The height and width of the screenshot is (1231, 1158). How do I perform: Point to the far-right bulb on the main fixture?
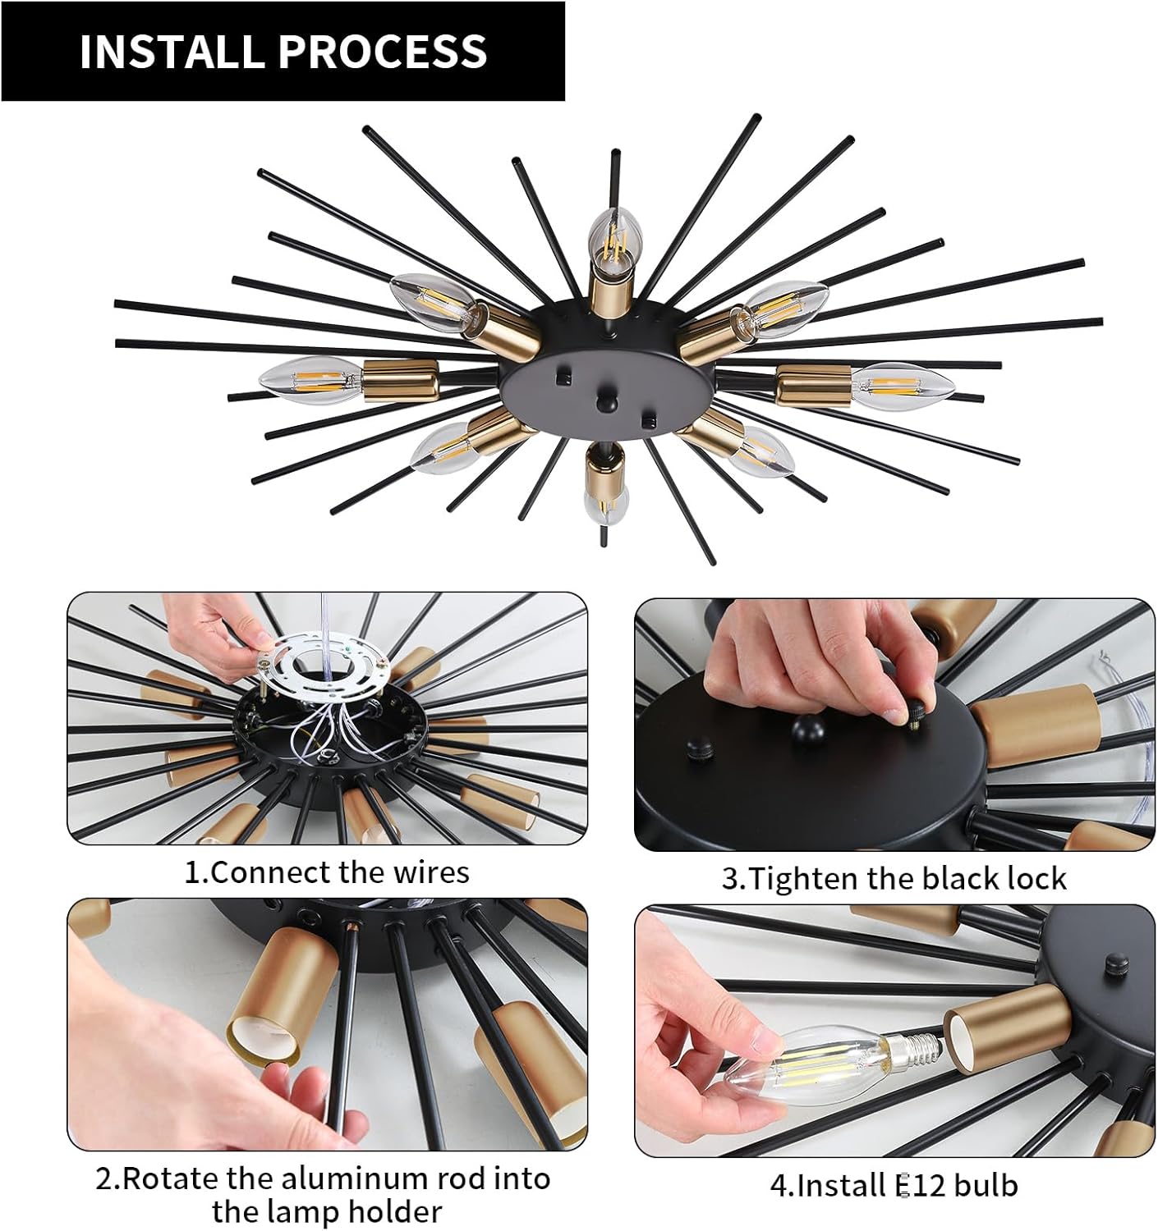(903, 387)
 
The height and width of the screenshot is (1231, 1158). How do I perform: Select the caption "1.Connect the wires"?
(327, 872)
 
